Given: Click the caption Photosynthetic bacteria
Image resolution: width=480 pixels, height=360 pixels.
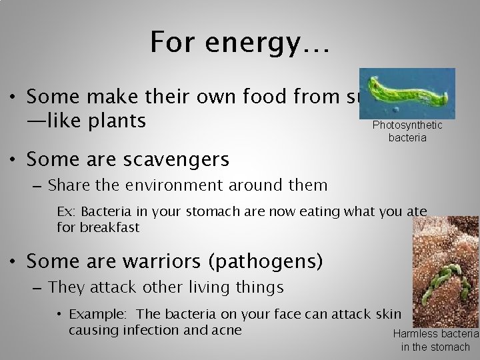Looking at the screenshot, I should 407,131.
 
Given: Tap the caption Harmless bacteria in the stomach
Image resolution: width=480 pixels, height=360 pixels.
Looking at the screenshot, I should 435,340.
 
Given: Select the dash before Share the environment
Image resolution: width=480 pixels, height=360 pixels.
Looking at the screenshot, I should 37,185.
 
